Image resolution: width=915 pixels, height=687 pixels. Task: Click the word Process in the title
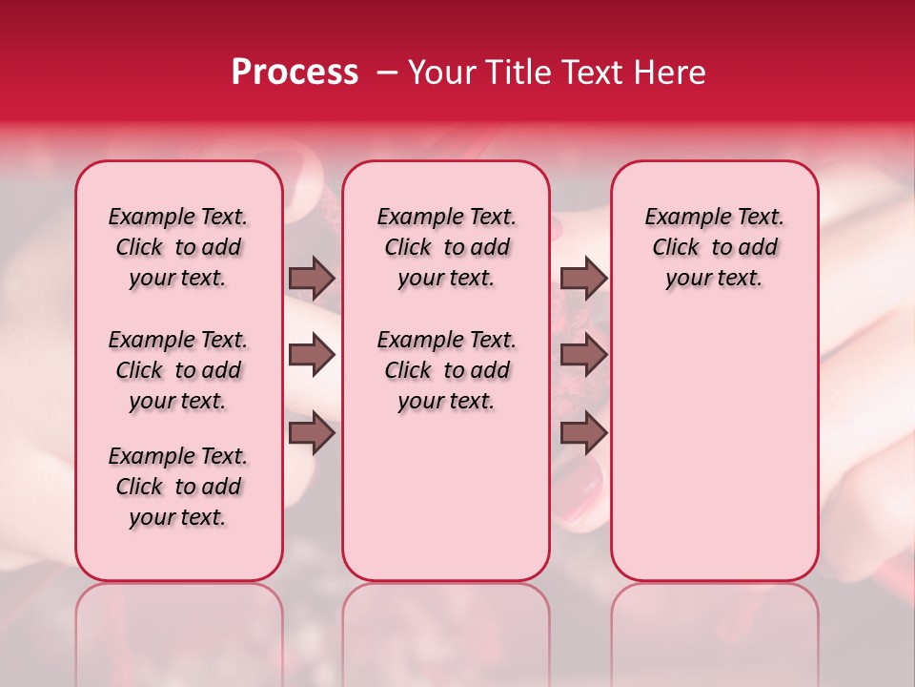294,73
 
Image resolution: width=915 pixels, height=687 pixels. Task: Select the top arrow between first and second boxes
312,278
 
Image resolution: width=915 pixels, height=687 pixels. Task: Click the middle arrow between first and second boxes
312,356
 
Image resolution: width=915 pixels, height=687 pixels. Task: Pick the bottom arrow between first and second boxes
312,433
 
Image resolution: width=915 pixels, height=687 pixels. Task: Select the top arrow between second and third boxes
583,278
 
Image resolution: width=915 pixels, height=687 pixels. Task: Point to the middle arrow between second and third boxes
583,356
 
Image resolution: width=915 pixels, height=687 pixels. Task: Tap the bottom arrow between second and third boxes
583,433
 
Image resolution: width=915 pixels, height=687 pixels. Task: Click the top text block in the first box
178,247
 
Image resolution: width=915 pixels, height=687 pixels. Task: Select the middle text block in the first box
178,370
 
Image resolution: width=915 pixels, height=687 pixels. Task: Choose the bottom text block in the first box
178,487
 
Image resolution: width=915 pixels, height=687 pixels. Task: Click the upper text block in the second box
446,247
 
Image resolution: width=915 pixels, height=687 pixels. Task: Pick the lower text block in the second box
446,370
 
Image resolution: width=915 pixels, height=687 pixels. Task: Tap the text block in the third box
715,247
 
